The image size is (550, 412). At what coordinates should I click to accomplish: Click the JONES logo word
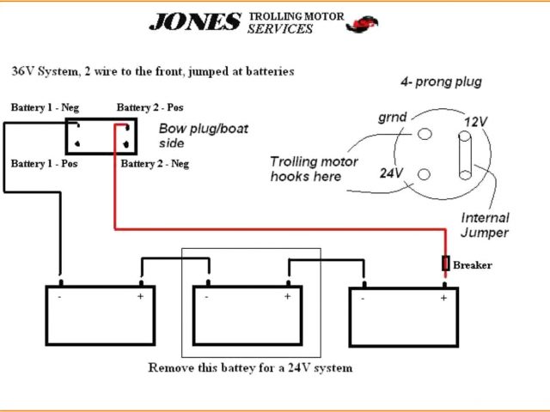coord(194,21)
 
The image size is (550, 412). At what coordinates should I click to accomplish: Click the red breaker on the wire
coord(444,263)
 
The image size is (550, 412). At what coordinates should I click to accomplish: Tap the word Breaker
coord(472,265)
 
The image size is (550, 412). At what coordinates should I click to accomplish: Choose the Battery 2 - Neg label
coord(155,163)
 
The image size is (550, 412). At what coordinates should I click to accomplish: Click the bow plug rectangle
coord(101,136)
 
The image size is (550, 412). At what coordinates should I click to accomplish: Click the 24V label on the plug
coord(392,172)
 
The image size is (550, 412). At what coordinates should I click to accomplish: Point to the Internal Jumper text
coord(485,225)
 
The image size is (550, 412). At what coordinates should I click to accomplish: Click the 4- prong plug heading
coord(441,82)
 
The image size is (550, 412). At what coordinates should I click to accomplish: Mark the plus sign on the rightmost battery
coord(443,298)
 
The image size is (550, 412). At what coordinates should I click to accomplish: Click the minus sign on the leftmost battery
coord(59,297)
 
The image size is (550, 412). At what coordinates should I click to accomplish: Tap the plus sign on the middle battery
coord(287,296)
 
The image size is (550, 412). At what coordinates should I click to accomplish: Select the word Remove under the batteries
coord(169,367)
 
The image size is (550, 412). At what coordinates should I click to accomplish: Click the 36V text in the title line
coord(22,71)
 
